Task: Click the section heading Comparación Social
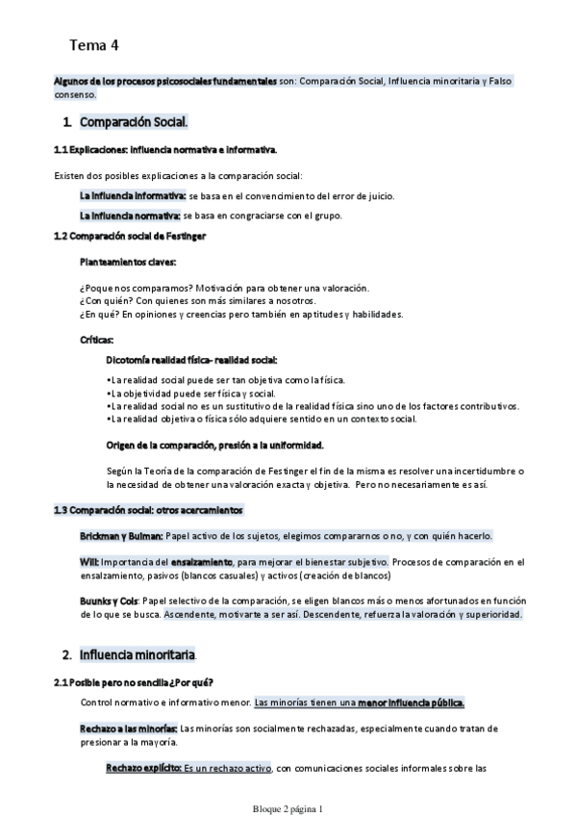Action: (134, 123)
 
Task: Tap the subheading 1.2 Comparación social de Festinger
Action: (130, 236)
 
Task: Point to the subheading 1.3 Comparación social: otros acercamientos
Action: (148, 509)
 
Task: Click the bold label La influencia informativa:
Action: (132, 195)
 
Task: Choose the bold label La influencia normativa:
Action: (130, 216)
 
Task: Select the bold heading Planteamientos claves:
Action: (128, 262)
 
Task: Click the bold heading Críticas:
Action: (97, 340)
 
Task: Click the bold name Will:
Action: (88, 561)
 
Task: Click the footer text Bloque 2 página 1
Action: (288, 808)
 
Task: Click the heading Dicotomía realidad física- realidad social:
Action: (190, 359)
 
